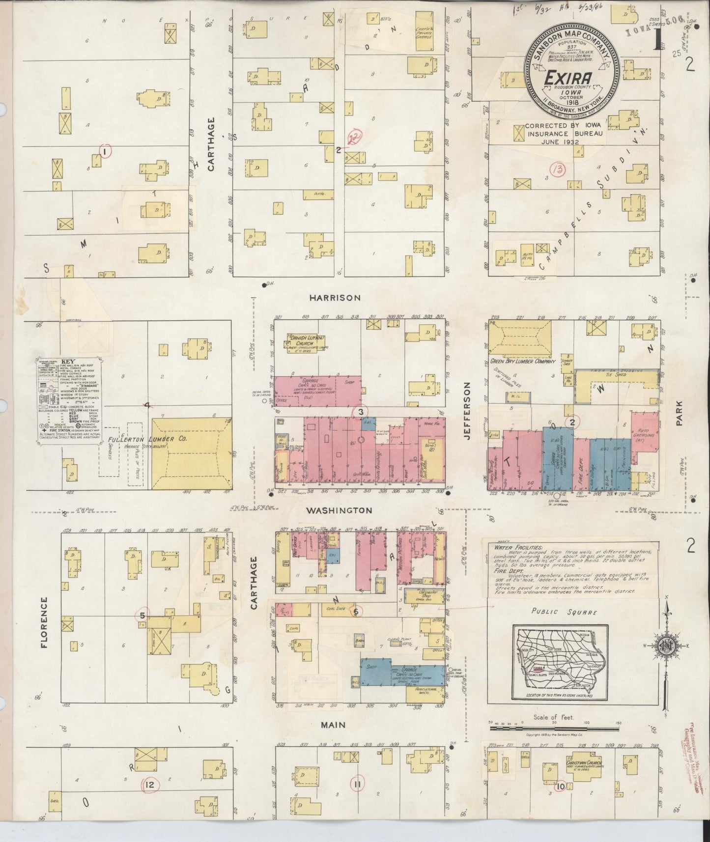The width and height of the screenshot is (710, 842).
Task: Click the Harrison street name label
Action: coord(336,298)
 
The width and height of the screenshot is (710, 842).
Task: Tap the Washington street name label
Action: coord(339,511)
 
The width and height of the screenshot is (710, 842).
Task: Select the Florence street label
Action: coord(44,622)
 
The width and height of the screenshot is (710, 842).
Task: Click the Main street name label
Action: coord(333,725)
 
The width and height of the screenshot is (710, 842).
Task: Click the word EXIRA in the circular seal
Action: coord(569,79)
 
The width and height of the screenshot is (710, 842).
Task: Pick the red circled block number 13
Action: coord(559,170)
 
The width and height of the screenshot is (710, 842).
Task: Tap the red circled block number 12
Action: coord(150,785)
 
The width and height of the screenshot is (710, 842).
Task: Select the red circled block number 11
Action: coord(357,785)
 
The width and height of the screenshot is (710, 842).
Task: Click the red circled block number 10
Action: coord(561,786)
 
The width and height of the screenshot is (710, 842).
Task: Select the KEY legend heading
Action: coord(67,361)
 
